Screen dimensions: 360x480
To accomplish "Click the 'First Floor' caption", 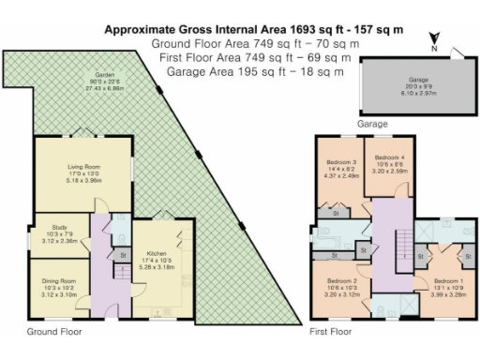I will coord(330,332).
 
